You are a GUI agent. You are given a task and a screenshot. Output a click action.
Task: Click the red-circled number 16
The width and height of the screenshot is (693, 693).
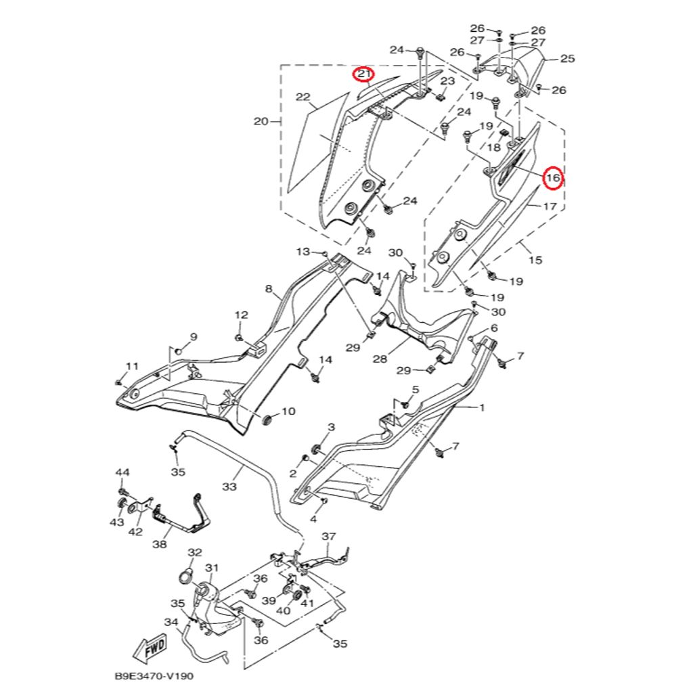(554, 178)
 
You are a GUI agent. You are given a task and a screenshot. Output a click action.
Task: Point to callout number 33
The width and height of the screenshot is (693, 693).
(229, 486)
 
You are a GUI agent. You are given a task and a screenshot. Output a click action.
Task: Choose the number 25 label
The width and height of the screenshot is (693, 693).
(567, 59)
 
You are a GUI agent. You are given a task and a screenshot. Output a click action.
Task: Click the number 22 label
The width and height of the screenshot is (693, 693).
(303, 97)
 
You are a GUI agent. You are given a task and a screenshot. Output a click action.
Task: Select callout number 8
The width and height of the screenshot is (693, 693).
(269, 289)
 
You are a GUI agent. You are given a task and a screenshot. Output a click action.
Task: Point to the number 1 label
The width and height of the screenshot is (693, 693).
(483, 408)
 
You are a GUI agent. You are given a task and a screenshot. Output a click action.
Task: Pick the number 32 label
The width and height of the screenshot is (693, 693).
(195, 553)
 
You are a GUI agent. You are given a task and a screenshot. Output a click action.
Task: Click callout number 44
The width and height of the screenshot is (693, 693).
(122, 472)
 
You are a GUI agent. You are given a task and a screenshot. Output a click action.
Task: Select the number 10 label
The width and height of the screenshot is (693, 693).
(288, 411)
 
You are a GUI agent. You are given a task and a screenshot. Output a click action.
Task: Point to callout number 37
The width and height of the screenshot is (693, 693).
(329, 537)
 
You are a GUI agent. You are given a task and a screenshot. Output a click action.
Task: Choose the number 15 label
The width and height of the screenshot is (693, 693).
(535, 260)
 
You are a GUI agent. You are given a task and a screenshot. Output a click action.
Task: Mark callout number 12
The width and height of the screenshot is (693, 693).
(242, 315)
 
